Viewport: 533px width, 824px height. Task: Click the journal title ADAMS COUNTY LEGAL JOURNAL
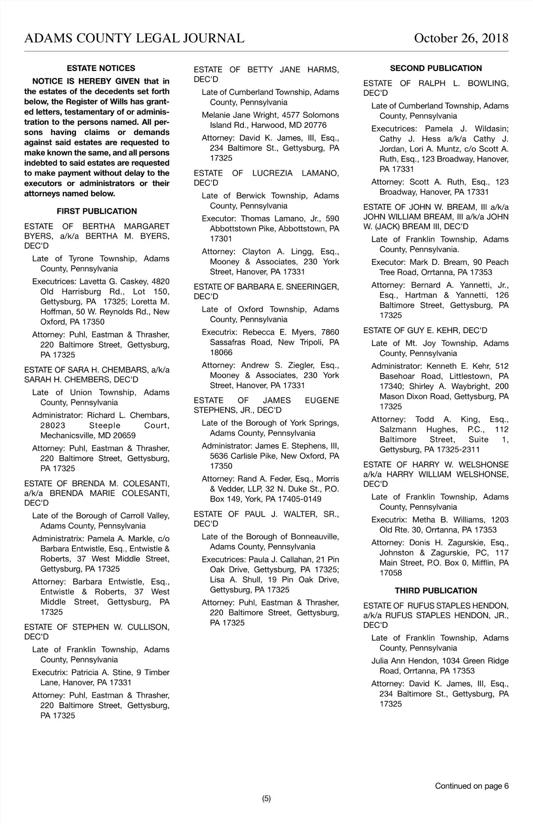[134, 38]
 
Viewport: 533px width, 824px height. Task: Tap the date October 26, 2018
[461, 38]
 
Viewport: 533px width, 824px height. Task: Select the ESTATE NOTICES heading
[101, 68]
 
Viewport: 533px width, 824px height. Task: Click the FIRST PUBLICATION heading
[97, 211]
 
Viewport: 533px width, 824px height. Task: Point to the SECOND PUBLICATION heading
[436, 68]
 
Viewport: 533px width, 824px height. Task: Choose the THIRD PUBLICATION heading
[436, 591]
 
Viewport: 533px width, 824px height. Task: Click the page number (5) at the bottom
[266, 798]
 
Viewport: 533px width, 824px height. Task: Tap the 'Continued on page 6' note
[472, 786]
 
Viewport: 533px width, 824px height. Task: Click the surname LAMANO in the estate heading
[320, 173]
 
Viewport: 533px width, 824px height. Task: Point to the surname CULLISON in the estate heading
[148, 627]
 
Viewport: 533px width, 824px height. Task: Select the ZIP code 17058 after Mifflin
[390, 573]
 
